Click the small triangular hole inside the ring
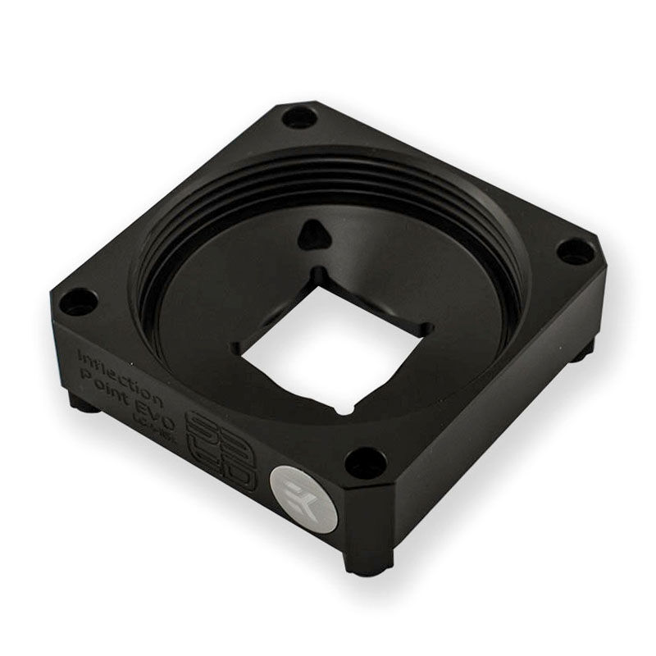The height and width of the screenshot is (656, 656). pyautogui.click(x=314, y=236)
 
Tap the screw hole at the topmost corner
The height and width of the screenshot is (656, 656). pyautogui.click(x=299, y=118)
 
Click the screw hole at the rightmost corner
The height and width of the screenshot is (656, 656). pyautogui.click(x=575, y=251)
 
